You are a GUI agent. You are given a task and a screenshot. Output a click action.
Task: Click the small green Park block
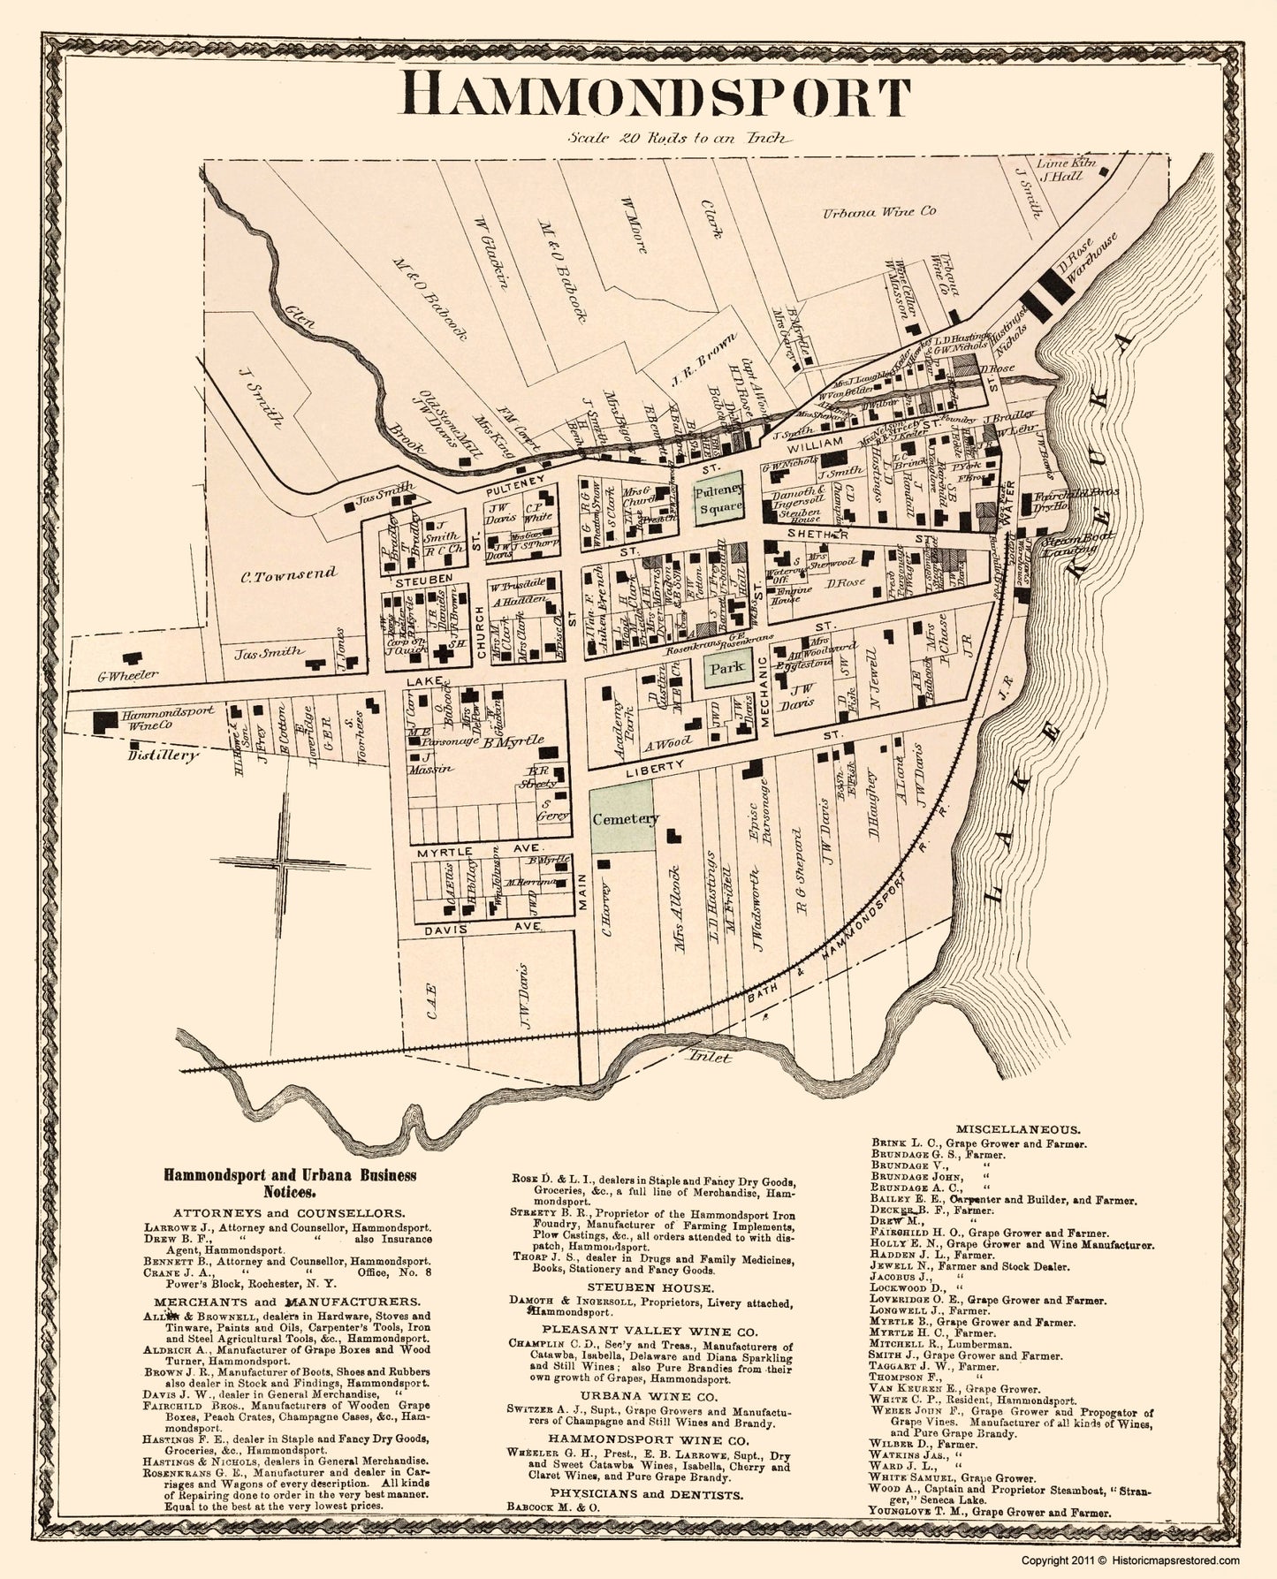click(x=723, y=669)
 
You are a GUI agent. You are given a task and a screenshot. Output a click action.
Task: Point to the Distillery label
click(x=162, y=755)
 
